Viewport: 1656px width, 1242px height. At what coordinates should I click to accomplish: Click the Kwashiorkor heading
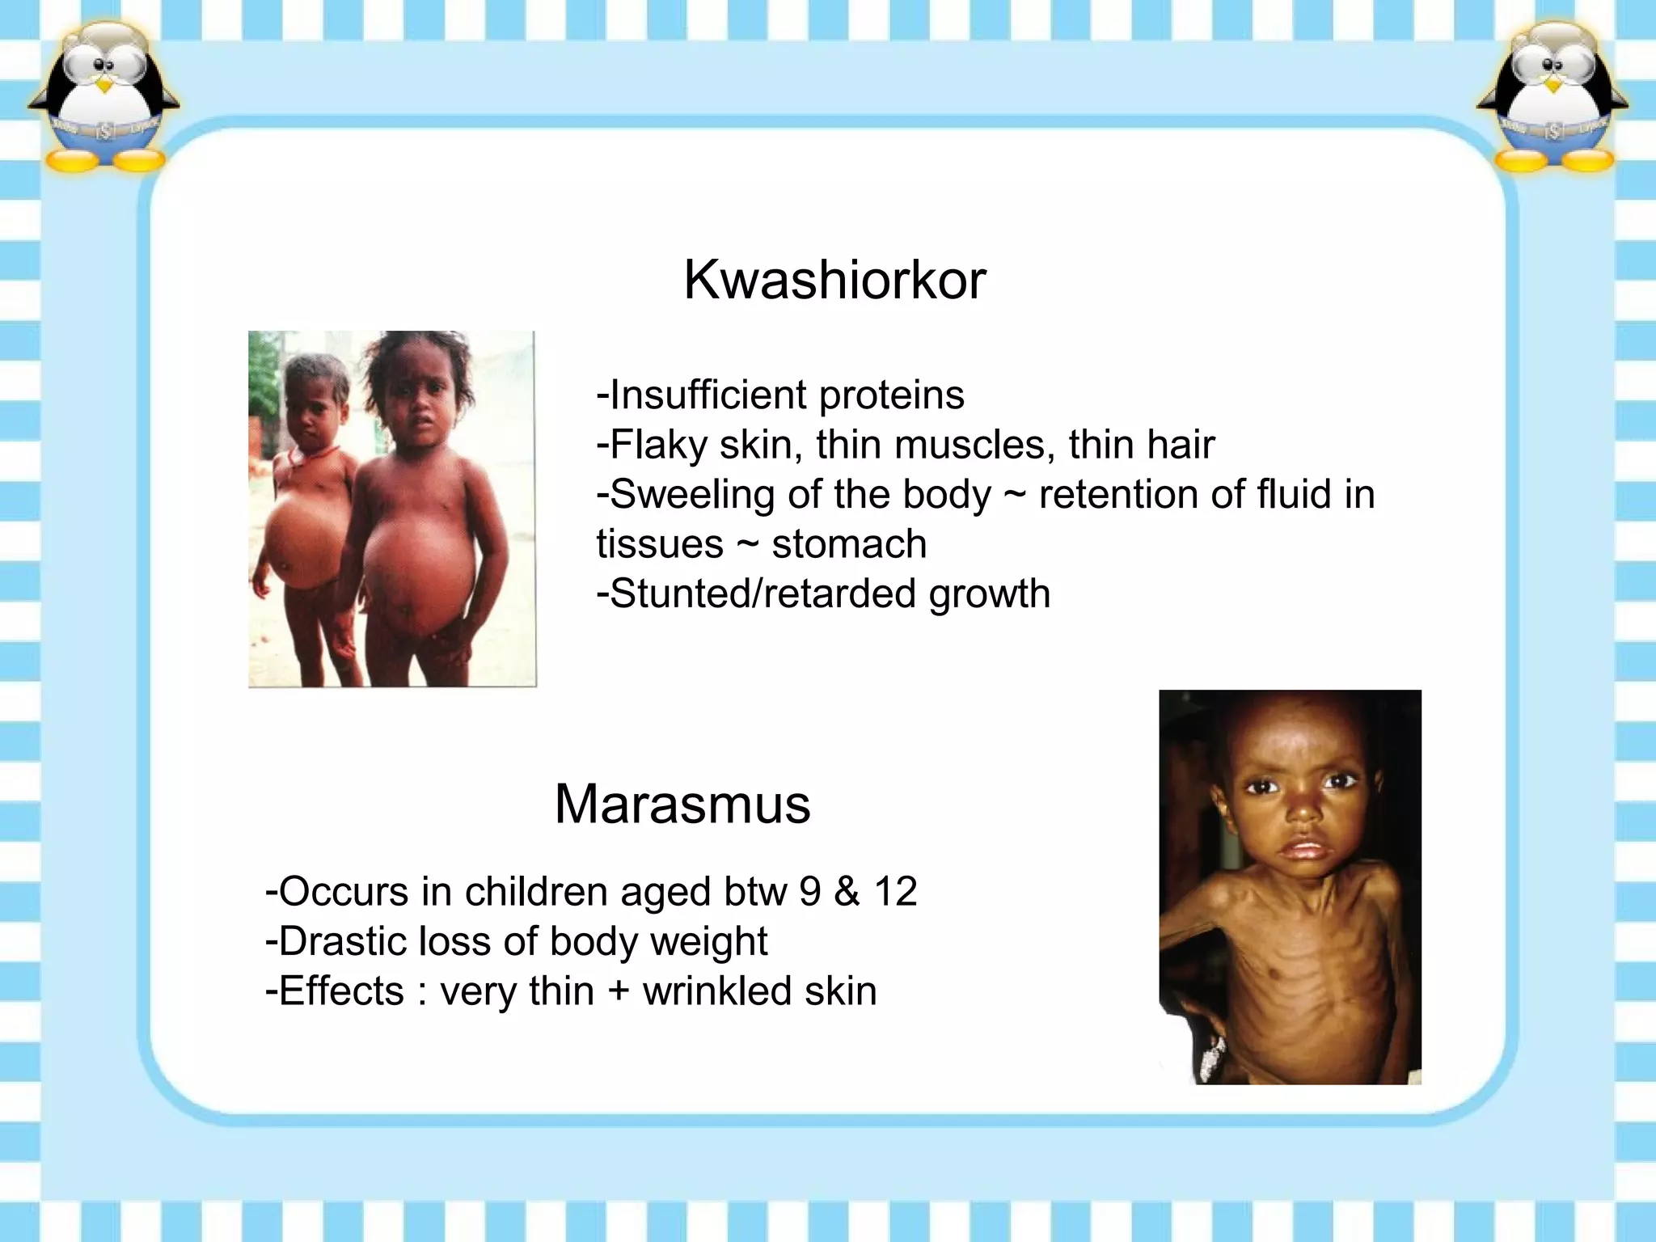click(x=834, y=280)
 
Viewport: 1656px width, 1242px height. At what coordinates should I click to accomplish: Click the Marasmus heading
click(x=682, y=804)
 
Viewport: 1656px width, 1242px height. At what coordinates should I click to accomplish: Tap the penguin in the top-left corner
click(x=103, y=97)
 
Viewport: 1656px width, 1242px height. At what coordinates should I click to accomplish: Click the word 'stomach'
click(x=849, y=544)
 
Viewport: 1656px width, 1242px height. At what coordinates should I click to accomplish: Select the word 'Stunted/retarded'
click(x=763, y=594)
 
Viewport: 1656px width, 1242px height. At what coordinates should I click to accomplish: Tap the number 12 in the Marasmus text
click(x=895, y=892)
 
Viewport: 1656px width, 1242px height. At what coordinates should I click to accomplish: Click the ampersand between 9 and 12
click(x=847, y=892)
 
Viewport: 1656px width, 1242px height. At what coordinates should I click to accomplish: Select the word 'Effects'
click(x=341, y=991)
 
